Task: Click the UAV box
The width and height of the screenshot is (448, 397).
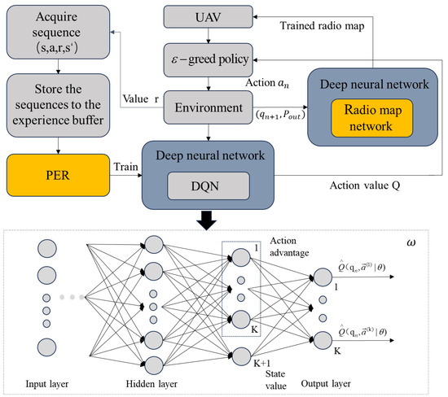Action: tap(210, 17)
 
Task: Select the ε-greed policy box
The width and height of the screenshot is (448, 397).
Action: tap(210, 59)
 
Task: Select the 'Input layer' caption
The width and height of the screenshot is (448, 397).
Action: tap(47, 383)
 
